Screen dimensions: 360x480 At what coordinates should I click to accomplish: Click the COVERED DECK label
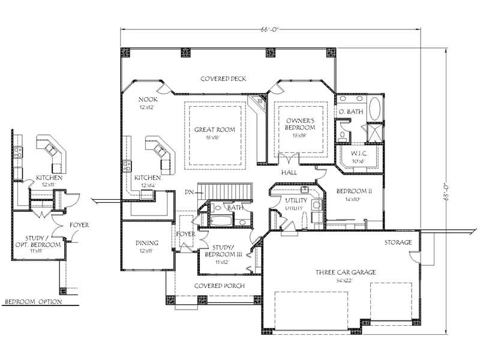[x=223, y=79]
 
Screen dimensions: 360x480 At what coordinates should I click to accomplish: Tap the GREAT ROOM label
[x=214, y=130]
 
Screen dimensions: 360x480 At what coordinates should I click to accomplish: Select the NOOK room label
[x=148, y=99]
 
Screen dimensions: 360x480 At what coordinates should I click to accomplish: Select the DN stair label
[x=189, y=193]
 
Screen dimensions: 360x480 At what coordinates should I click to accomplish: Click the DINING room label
[x=147, y=243]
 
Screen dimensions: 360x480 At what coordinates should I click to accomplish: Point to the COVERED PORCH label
[x=219, y=286]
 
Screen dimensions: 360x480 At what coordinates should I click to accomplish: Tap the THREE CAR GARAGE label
[x=346, y=272]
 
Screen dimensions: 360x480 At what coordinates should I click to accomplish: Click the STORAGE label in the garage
[x=398, y=242]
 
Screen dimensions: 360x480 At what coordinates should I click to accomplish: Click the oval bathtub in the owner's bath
[x=374, y=110]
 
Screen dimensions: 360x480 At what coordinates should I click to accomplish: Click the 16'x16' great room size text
[x=214, y=137]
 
